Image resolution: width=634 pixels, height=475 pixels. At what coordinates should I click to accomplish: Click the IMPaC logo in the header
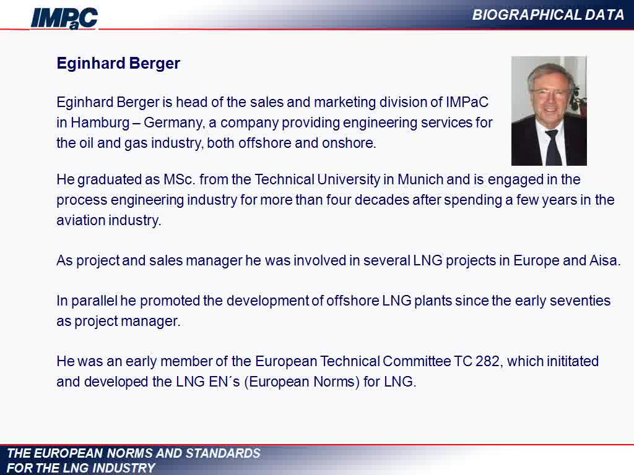click(64, 19)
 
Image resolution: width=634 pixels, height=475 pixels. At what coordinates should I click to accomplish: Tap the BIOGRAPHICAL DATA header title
click(549, 15)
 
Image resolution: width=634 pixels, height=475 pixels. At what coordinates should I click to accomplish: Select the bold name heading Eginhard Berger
click(118, 64)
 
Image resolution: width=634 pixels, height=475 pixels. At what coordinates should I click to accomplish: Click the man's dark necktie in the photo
click(552, 148)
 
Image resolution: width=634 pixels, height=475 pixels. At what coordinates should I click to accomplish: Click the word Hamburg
click(100, 122)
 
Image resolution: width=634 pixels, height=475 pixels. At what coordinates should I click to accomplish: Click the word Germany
click(174, 123)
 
